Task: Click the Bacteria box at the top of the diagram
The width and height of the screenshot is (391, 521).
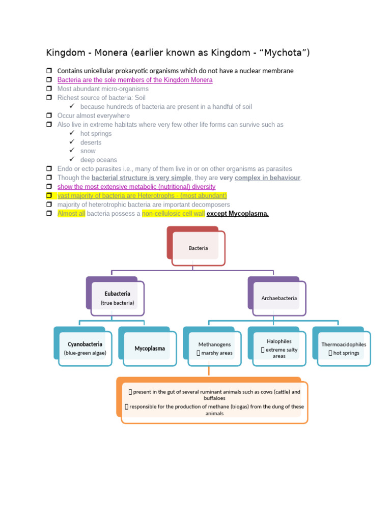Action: tap(198, 248)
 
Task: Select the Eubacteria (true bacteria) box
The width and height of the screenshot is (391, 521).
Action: tap(118, 298)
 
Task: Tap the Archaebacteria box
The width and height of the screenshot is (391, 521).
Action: tap(279, 298)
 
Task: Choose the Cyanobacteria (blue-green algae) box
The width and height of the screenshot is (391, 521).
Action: tap(85, 348)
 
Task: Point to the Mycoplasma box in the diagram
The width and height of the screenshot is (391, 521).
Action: tap(150, 349)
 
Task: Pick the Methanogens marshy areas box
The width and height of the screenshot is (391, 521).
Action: tap(214, 349)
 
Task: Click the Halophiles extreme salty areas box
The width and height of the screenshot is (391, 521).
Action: tap(279, 349)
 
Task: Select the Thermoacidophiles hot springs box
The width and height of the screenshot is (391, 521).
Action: tap(344, 349)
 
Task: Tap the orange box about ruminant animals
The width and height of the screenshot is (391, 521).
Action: tap(214, 402)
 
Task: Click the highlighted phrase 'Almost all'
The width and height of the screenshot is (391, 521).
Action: tap(71, 213)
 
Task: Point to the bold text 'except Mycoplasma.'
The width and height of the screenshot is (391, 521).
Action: tap(237, 213)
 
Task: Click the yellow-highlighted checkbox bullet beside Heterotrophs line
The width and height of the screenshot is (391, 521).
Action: tap(49, 195)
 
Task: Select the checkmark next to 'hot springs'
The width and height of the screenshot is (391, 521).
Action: tap(72, 133)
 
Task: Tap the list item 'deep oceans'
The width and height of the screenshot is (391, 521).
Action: tap(99, 160)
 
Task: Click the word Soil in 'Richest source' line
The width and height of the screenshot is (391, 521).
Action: tap(140, 98)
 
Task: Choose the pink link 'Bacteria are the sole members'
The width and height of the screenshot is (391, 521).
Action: tap(135, 80)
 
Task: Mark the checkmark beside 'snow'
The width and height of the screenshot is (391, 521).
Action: tap(72, 151)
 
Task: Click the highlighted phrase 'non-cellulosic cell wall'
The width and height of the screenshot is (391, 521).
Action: tap(173, 213)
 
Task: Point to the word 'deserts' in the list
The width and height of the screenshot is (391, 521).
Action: tap(91, 142)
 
